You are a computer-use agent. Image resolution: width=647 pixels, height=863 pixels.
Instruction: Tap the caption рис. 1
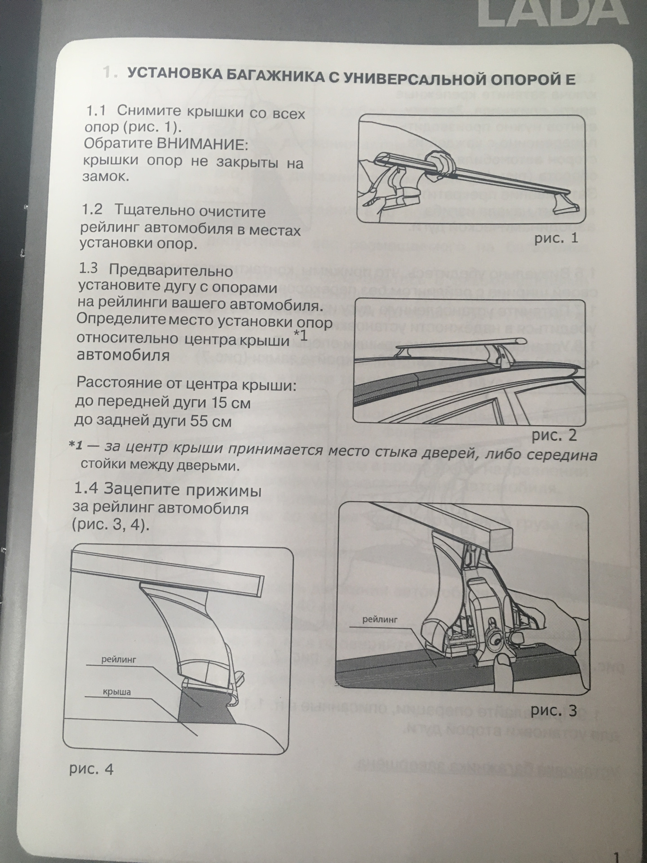(x=556, y=238)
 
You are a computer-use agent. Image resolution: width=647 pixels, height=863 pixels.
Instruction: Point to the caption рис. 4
(x=91, y=769)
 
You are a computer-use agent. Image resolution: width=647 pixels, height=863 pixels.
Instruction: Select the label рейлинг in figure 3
(x=380, y=619)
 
